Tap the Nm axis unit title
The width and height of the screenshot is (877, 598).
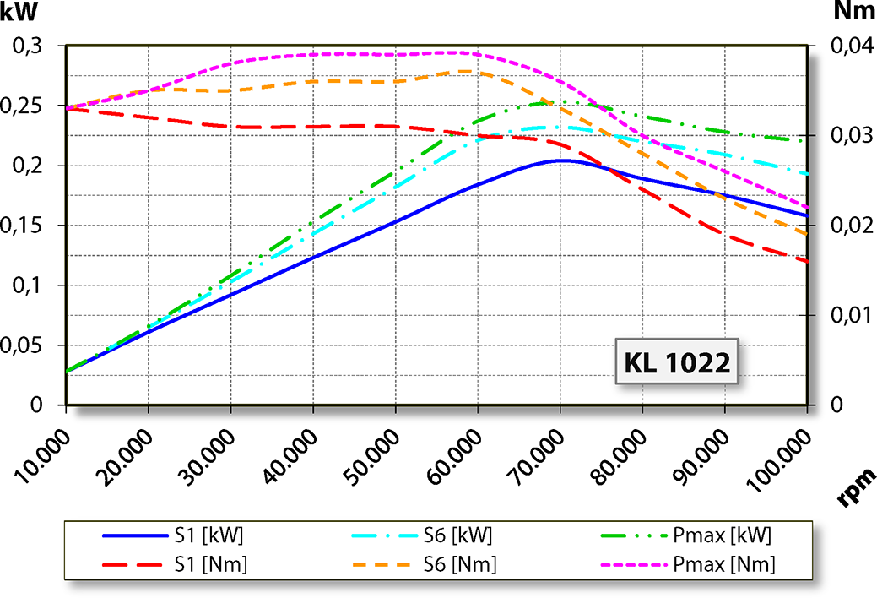click(x=853, y=11)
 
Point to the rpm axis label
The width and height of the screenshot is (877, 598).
click(x=854, y=487)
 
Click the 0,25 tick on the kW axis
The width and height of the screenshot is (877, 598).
click(x=28, y=106)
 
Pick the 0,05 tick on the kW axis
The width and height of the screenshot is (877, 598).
click(x=28, y=345)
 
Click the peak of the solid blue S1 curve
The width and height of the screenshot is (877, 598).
click(x=560, y=160)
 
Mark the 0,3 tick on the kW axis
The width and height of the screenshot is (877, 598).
click(x=32, y=46)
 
